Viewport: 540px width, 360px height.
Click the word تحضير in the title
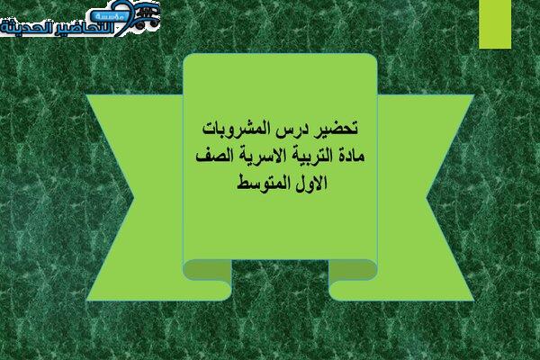pyautogui.click(x=338, y=129)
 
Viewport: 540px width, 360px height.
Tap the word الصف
pyautogui.click(x=211, y=156)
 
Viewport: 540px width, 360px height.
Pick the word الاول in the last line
pyautogui.click(x=310, y=183)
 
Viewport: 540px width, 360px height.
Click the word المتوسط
pyautogui.click(x=263, y=183)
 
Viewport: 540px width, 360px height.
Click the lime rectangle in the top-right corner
pyautogui.click(x=495, y=24)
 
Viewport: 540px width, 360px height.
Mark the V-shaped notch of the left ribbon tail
pyautogui.click(x=133, y=197)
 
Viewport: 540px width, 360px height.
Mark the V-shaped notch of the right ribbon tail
pyautogui.click(x=427, y=197)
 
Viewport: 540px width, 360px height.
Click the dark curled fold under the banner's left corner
pyautogui.click(x=207, y=269)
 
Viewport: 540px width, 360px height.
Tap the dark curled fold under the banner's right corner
pyautogui.click(x=353, y=269)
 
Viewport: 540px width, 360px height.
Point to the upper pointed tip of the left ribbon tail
pyautogui.click(x=86, y=95)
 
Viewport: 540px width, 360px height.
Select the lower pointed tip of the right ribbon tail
pyautogui.click(x=474, y=301)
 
